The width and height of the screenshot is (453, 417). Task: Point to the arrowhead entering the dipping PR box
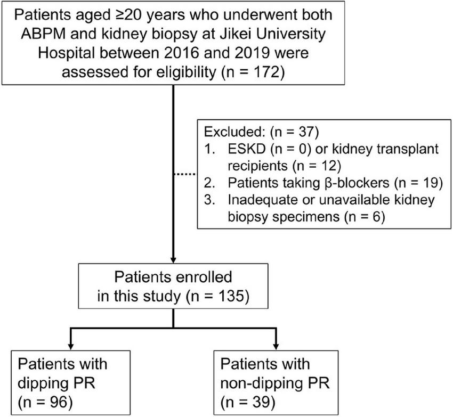pyautogui.click(x=71, y=345)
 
